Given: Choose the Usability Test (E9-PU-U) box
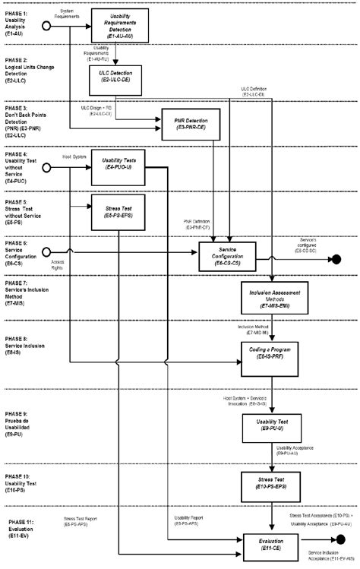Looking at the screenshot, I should click(271, 427).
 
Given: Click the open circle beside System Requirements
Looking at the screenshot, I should click(46, 26).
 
